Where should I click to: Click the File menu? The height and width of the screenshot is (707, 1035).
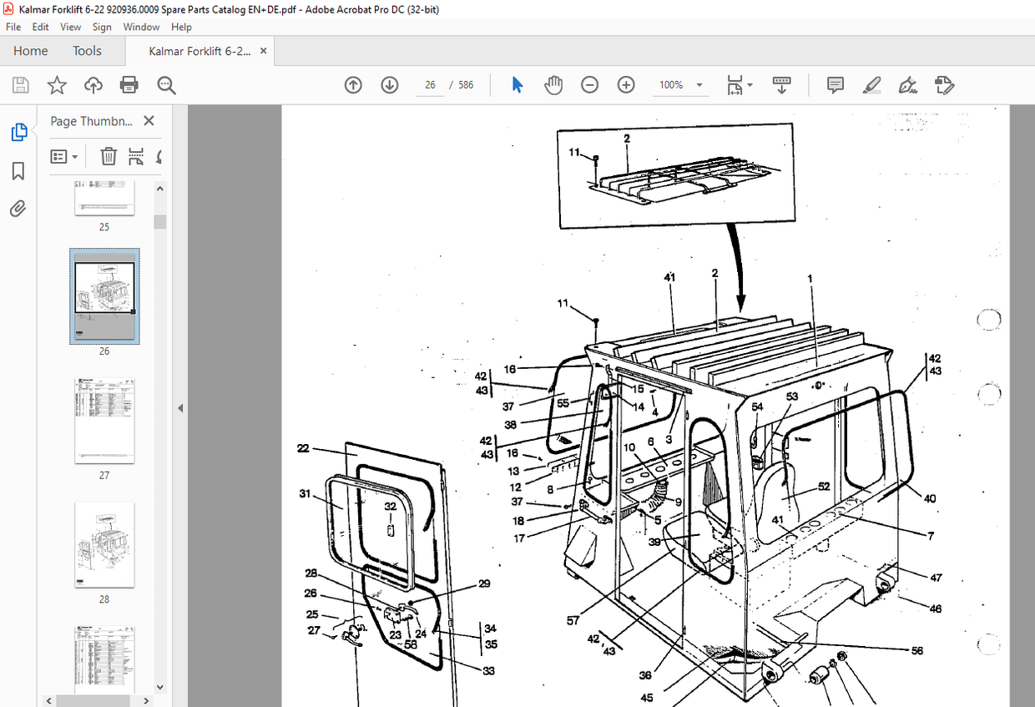coord(13,27)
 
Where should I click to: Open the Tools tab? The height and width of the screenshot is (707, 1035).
coord(87,51)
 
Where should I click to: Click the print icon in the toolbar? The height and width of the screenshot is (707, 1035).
coord(129,85)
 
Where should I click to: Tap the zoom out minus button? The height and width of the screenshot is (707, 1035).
coord(590,85)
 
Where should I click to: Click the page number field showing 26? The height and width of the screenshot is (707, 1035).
coord(431,85)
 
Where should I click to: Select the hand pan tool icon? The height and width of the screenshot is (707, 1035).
coord(553,85)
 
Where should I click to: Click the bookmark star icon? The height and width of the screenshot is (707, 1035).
coord(57,85)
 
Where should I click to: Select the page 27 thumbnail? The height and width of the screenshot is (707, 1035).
coord(104,421)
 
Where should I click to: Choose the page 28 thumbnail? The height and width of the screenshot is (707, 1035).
coord(104,544)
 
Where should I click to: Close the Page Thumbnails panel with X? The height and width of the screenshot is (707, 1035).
coord(149,121)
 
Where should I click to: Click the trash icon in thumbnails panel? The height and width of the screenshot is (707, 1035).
coord(109,156)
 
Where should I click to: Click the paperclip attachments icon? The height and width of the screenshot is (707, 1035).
coord(18,209)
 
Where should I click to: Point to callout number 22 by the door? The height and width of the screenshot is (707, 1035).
coord(303,449)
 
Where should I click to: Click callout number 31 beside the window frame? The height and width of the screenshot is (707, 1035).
coord(305,494)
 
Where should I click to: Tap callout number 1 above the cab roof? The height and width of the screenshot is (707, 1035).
coord(810,278)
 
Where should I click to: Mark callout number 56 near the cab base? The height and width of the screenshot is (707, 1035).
coord(916,650)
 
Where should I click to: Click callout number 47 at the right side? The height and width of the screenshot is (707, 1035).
coord(937,578)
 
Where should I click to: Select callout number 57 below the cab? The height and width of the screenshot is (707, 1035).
coord(573,620)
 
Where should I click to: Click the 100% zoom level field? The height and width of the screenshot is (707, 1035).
coord(671,85)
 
